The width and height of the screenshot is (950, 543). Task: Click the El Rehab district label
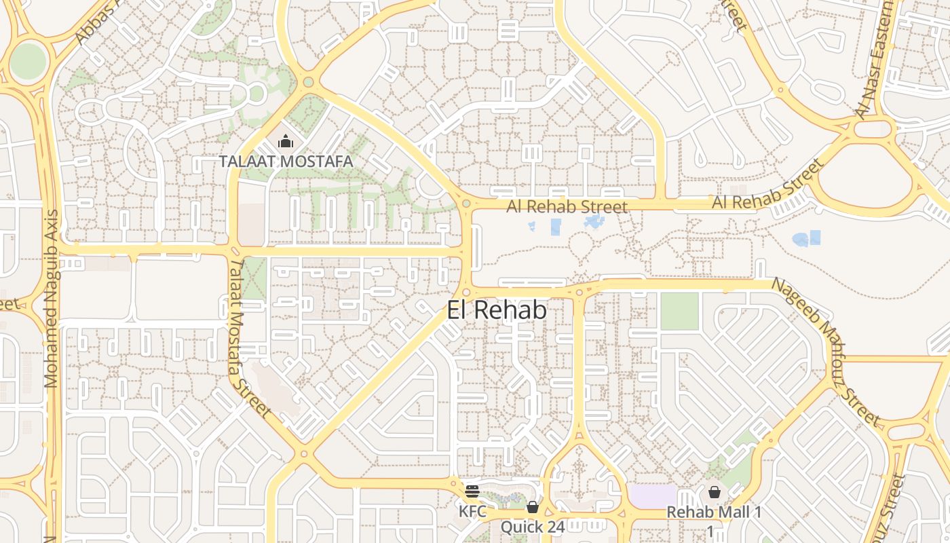(x=497, y=310)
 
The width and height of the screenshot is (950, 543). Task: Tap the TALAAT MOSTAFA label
(x=286, y=162)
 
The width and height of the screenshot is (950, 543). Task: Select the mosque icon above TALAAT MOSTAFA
(x=286, y=142)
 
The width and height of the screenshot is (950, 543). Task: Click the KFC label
(x=472, y=511)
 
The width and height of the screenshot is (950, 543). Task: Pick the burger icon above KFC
(x=472, y=491)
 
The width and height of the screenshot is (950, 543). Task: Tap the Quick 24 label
(x=532, y=527)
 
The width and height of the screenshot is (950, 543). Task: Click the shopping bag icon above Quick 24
(x=533, y=507)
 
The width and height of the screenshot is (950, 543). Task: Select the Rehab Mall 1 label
(x=714, y=512)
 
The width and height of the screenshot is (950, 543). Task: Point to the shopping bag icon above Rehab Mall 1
(x=714, y=492)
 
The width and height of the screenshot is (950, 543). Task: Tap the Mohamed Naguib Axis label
(x=52, y=299)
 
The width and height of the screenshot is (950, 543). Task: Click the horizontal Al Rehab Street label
(x=567, y=206)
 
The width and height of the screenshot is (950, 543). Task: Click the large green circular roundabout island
(x=28, y=61)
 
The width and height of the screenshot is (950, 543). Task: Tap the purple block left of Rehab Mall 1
(x=653, y=495)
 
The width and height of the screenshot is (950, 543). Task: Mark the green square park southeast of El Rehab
(x=679, y=312)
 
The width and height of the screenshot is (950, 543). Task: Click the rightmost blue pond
(x=807, y=238)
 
